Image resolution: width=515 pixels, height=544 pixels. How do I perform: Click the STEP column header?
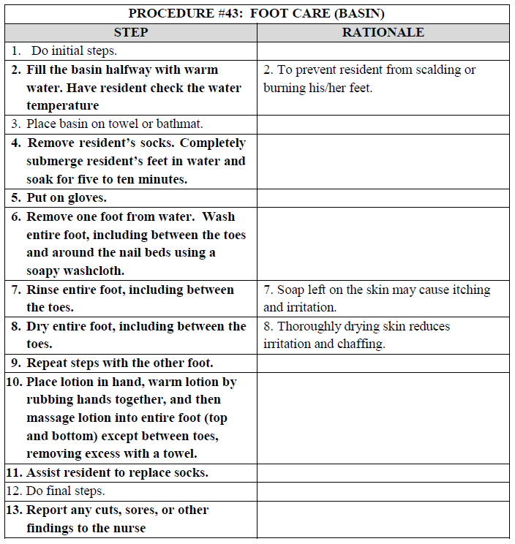[x=131, y=32]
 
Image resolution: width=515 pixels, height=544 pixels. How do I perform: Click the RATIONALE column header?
[x=383, y=32]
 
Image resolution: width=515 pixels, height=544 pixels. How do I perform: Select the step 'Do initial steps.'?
[x=74, y=51]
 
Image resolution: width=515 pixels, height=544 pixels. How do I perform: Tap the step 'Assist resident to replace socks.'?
[x=117, y=472]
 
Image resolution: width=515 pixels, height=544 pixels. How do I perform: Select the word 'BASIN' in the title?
[x=361, y=13]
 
